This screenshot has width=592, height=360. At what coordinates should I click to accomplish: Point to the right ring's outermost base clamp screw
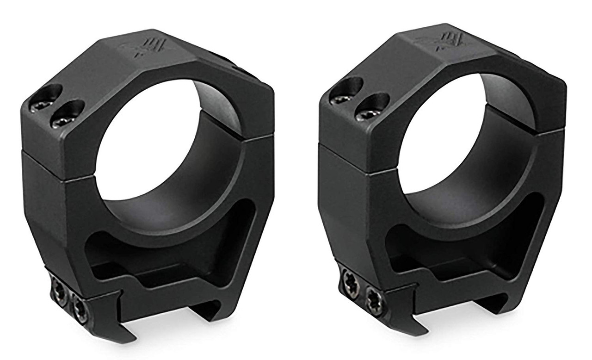coord(349,279)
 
